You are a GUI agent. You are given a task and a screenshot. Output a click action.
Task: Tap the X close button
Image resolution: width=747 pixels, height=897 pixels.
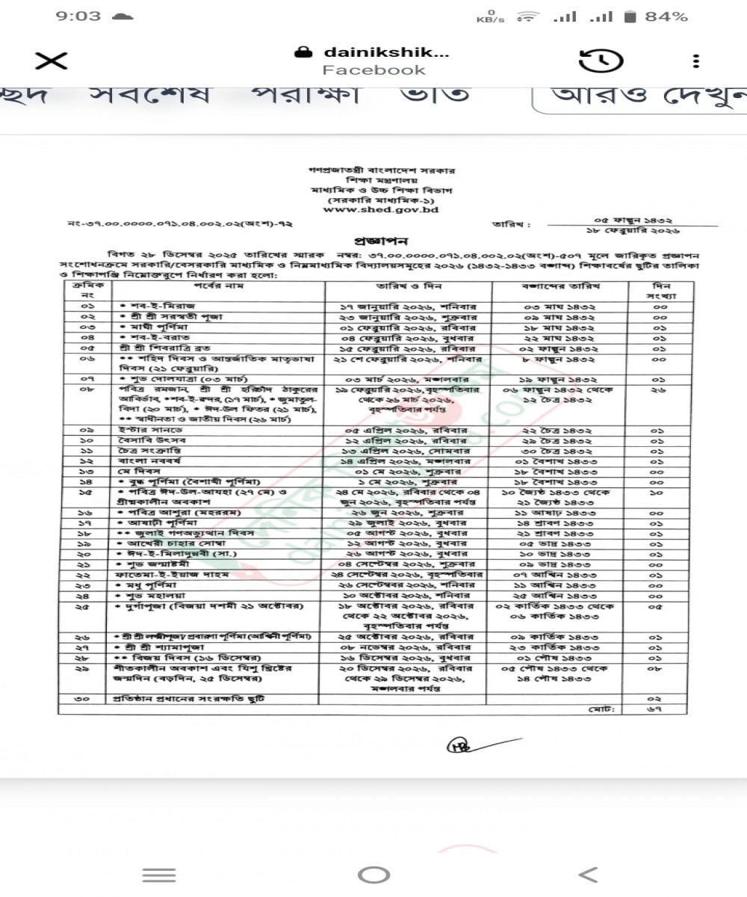(x=51, y=61)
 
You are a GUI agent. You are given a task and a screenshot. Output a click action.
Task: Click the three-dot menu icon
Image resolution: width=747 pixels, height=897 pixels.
(x=695, y=61)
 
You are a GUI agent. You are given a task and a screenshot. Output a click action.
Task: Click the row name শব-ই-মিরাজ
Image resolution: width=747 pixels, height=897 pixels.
(x=152, y=306)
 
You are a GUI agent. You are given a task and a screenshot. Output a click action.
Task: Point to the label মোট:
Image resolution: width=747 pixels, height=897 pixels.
(x=600, y=708)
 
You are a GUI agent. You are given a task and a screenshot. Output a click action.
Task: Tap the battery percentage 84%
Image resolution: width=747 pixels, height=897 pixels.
(x=667, y=16)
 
